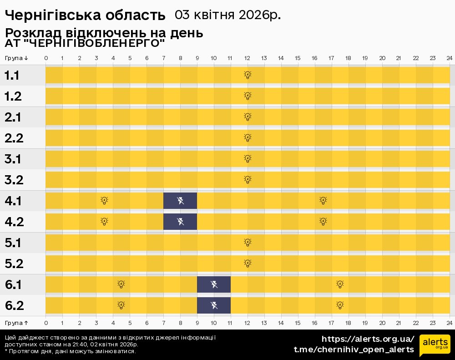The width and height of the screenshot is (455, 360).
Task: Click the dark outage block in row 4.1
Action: pyautogui.click(x=180, y=201)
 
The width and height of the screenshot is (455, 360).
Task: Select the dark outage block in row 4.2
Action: pyautogui.click(x=180, y=222)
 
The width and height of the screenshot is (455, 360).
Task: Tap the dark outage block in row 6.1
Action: pyautogui.click(x=214, y=284)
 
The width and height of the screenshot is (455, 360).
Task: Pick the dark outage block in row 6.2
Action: pyautogui.click(x=214, y=305)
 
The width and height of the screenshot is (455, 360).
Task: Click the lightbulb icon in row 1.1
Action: pyautogui.click(x=248, y=75)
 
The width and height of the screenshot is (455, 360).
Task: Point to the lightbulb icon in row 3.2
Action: pyautogui.click(x=248, y=180)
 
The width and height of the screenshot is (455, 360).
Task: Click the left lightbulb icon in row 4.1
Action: pyautogui.click(x=104, y=201)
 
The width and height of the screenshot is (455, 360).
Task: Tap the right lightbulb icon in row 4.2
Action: pyautogui.click(x=323, y=222)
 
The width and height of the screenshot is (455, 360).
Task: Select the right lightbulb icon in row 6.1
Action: pyautogui.click(x=340, y=284)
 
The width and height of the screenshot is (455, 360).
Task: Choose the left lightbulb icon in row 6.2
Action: pyautogui.click(x=121, y=305)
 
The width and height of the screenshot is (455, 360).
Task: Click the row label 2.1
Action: pyautogui.click(x=13, y=117)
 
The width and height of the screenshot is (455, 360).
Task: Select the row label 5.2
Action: pyautogui.click(x=14, y=264)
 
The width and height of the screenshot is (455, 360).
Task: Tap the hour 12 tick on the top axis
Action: pyautogui.click(x=248, y=58)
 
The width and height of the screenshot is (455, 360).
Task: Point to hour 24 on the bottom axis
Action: pyautogui.click(x=449, y=323)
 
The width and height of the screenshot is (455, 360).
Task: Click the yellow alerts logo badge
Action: pyautogui.click(x=435, y=345)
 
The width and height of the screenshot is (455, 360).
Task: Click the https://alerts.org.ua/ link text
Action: pyautogui.click(x=368, y=339)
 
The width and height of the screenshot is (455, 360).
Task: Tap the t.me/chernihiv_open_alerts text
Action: pyautogui.click(x=354, y=350)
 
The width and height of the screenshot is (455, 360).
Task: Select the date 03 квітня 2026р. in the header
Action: pyautogui.click(x=227, y=15)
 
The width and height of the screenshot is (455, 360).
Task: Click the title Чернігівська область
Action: pyautogui.click(x=85, y=15)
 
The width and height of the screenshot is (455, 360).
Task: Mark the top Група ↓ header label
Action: pyautogui.click(x=16, y=58)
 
